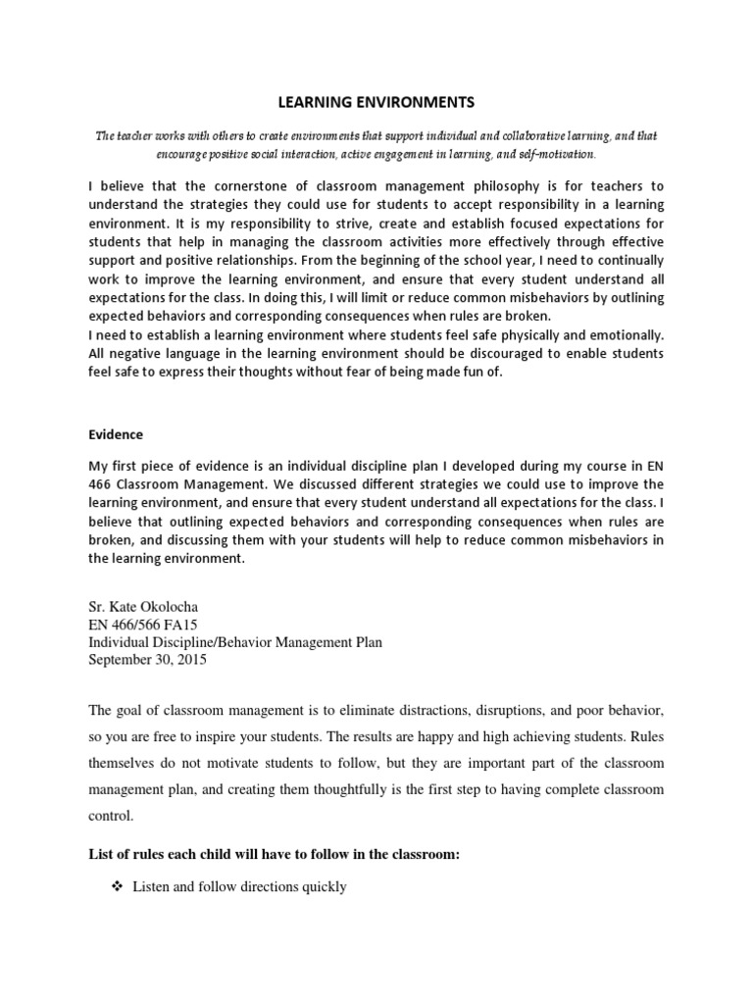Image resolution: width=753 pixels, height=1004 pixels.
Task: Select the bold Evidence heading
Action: (116, 434)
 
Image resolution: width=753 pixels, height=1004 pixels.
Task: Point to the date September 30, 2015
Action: (148, 660)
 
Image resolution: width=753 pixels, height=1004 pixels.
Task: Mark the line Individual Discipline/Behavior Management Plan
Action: (235, 642)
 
